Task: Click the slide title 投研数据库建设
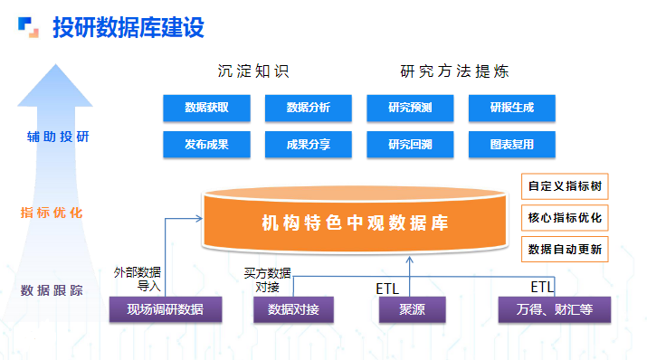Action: [x=128, y=27]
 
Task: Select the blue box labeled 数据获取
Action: [x=206, y=109]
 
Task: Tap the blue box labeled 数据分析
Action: [x=308, y=109]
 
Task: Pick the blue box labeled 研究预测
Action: [x=410, y=109]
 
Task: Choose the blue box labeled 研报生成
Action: [x=511, y=109]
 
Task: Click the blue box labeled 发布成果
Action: [x=206, y=144]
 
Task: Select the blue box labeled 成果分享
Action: [x=308, y=144]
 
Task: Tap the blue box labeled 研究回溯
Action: [x=410, y=144]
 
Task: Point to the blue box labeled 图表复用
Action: [x=511, y=144]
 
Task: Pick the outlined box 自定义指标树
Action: [x=565, y=187]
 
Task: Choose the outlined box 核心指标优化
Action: [x=565, y=218]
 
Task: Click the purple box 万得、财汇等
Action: [x=554, y=310]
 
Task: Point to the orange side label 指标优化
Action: [x=52, y=213]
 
